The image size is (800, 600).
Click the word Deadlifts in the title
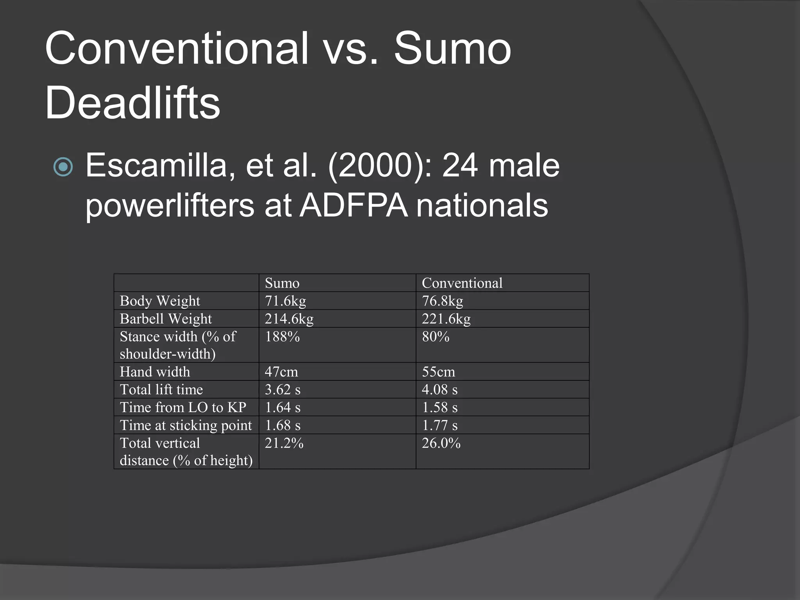[133, 102]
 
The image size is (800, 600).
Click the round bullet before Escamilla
[63, 167]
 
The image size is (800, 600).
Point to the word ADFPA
[354, 205]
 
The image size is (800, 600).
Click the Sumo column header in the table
[282, 283]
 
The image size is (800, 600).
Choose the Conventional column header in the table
[462, 283]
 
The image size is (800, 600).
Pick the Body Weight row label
[160, 301]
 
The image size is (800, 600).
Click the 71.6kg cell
[286, 301]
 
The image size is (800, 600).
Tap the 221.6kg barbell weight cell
[446, 319]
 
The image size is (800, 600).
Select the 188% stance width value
[282, 337]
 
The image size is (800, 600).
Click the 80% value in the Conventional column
[436, 337]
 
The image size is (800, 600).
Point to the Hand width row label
[155, 371]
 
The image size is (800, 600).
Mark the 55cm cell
[438, 371]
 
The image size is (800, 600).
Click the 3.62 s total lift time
[282, 389]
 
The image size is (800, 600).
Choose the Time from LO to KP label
[183, 407]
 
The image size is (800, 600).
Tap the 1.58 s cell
[439, 407]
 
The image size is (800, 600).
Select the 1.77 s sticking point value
[439, 425]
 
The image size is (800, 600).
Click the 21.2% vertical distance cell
[284, 443]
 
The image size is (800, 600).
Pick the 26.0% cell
[441, 443]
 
